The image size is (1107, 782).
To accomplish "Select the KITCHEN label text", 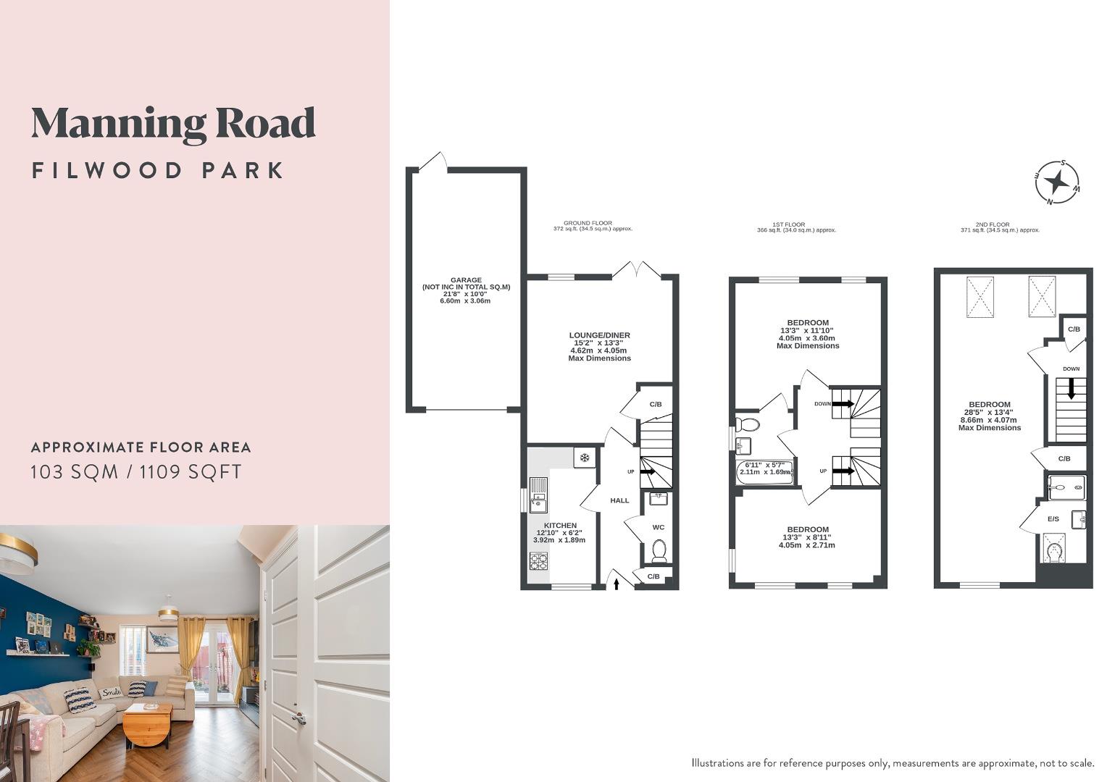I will (x=560, y=526).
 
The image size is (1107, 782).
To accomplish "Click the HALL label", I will (x=619, y=500).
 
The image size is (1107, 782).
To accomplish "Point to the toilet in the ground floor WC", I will (x=659, y=551).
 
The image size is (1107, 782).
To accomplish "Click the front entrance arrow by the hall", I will (x=617, y=581).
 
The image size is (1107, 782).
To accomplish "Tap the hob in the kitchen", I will (x=538, y=561).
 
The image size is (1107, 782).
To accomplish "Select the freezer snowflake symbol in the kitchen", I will (x=584, y=458).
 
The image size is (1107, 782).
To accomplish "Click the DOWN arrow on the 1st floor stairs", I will (x=843, y=404).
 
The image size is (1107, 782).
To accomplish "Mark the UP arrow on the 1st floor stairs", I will (x=843, y=471).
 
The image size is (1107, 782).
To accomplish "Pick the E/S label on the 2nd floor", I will (x=1053, y=519).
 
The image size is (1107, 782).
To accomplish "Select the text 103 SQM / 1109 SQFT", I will (x=136, y=472).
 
